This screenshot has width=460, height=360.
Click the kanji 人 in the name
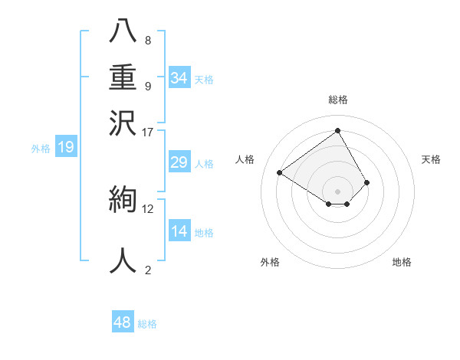(124, 261)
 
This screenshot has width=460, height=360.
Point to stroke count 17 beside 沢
(148, 132)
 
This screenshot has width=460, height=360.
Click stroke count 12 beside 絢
(148, 208)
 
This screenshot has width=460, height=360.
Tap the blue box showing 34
(179, 78)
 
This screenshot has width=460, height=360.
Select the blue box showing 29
(179, 162)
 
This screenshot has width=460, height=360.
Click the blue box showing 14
(179, 231)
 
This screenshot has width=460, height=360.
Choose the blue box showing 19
(66, 148)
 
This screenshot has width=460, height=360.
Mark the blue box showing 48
(123, 322)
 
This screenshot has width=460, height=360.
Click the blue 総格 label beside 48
(147, 324)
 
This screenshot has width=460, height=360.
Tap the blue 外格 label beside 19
(41, 149)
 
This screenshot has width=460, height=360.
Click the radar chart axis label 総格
(338, 100)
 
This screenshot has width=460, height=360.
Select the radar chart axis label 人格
(245, 159)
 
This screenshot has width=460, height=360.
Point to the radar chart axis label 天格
(432, 159)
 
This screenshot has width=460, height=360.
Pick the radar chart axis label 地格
(402, 263)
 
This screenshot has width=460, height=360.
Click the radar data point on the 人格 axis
(280, 173)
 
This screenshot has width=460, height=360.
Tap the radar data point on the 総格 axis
(338, 131)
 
